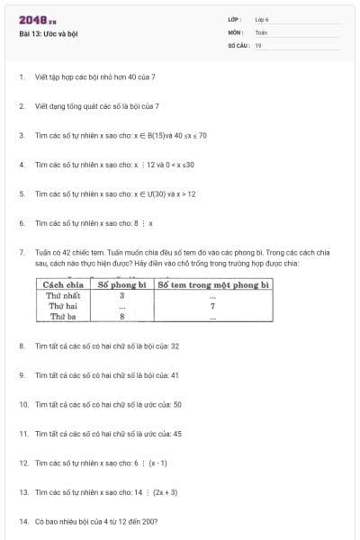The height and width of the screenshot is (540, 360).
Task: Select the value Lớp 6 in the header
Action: tap(262, 19)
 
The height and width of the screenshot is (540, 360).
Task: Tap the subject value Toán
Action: tap(261, 31)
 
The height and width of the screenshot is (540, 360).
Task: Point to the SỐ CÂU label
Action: tap(238, 44)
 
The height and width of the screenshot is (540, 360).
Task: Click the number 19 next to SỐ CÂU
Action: tap(258, 44)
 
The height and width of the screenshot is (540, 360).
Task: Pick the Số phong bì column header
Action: tap(121, 284)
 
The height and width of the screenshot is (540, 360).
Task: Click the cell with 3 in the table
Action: tap(121, 295)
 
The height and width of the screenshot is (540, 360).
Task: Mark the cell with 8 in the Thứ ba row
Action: tap(121, 316)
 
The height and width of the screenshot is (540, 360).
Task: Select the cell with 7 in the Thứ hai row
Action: tap(212, 306)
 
